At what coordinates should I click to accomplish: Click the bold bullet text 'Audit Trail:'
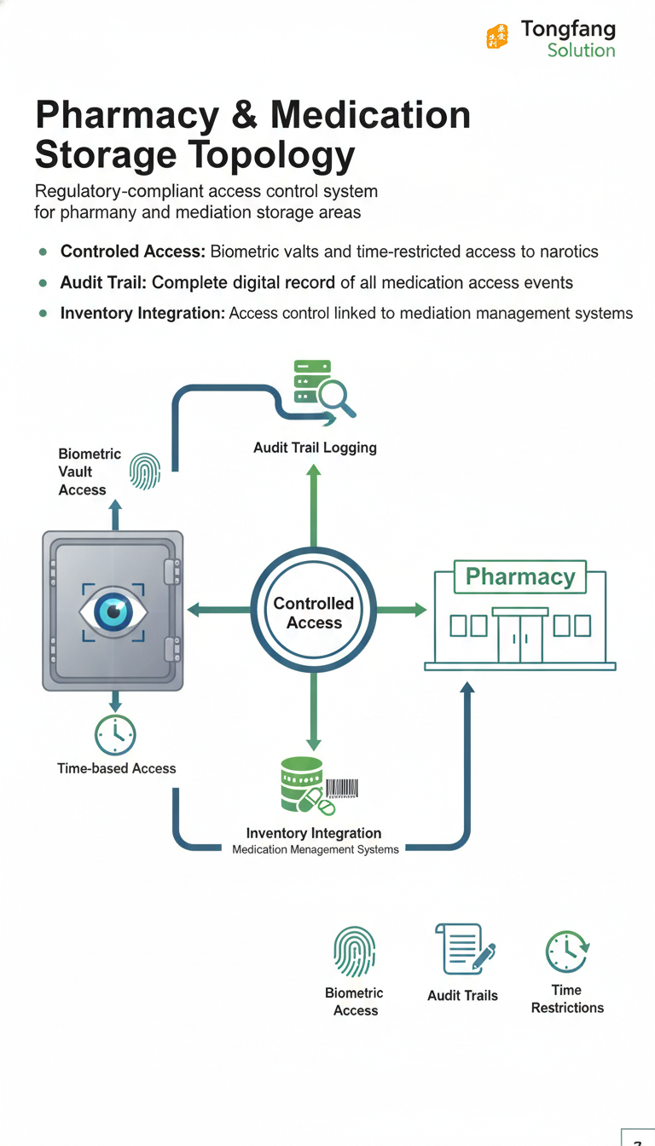[104, 282]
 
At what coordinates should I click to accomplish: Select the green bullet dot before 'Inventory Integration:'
[42, 314]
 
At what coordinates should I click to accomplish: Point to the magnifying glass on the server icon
[336, 396]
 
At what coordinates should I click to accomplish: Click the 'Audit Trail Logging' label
[315, 447]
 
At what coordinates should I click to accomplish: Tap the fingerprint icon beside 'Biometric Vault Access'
[145, 472]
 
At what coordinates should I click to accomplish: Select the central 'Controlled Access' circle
[314, 612]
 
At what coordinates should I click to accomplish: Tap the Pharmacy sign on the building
[519, 577]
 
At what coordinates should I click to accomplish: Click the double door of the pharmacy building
[520, 638]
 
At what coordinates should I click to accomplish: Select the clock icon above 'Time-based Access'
[115, 733]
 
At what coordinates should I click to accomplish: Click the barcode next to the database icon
[341, 789]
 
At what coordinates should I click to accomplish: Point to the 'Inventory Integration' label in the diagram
[314, 833]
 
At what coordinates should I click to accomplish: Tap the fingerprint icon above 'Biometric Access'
[354, 952]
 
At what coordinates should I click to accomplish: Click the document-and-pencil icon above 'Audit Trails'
[465, 950]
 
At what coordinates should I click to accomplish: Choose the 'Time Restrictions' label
[567, 998]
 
